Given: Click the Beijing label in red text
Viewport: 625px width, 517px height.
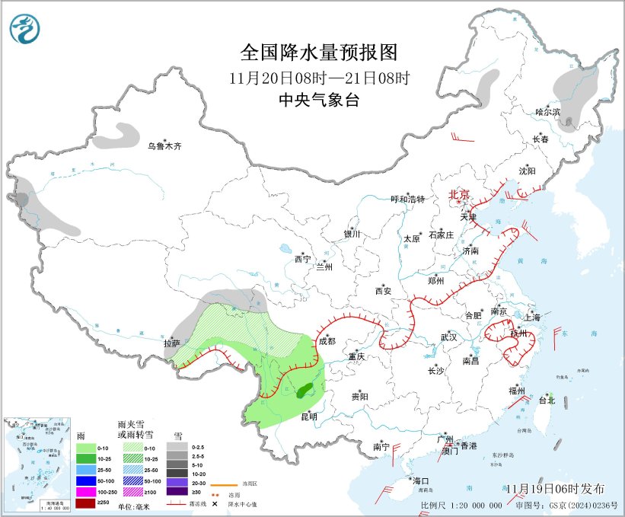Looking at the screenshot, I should pyautogui.click(x=459, y=195).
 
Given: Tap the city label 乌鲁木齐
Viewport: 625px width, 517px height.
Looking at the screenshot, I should pyautogui.click(x=165, y=145).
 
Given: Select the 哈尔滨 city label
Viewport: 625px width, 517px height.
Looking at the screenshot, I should pyautogui.click(x=547, y=112).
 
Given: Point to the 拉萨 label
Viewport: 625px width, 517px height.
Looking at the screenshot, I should pyautogui.click(x=171, y=343).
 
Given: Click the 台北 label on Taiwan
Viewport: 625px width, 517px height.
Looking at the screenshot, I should pyautogui.click(x=547, y=400).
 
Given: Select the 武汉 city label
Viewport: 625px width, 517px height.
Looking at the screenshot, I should pyautogui.click(x=448, y=337).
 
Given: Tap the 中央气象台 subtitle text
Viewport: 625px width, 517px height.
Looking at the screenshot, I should pyautogui.click(x=318, y=101).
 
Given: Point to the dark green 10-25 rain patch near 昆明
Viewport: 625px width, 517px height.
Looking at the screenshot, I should pyautogui.click(x=304, y=392).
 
